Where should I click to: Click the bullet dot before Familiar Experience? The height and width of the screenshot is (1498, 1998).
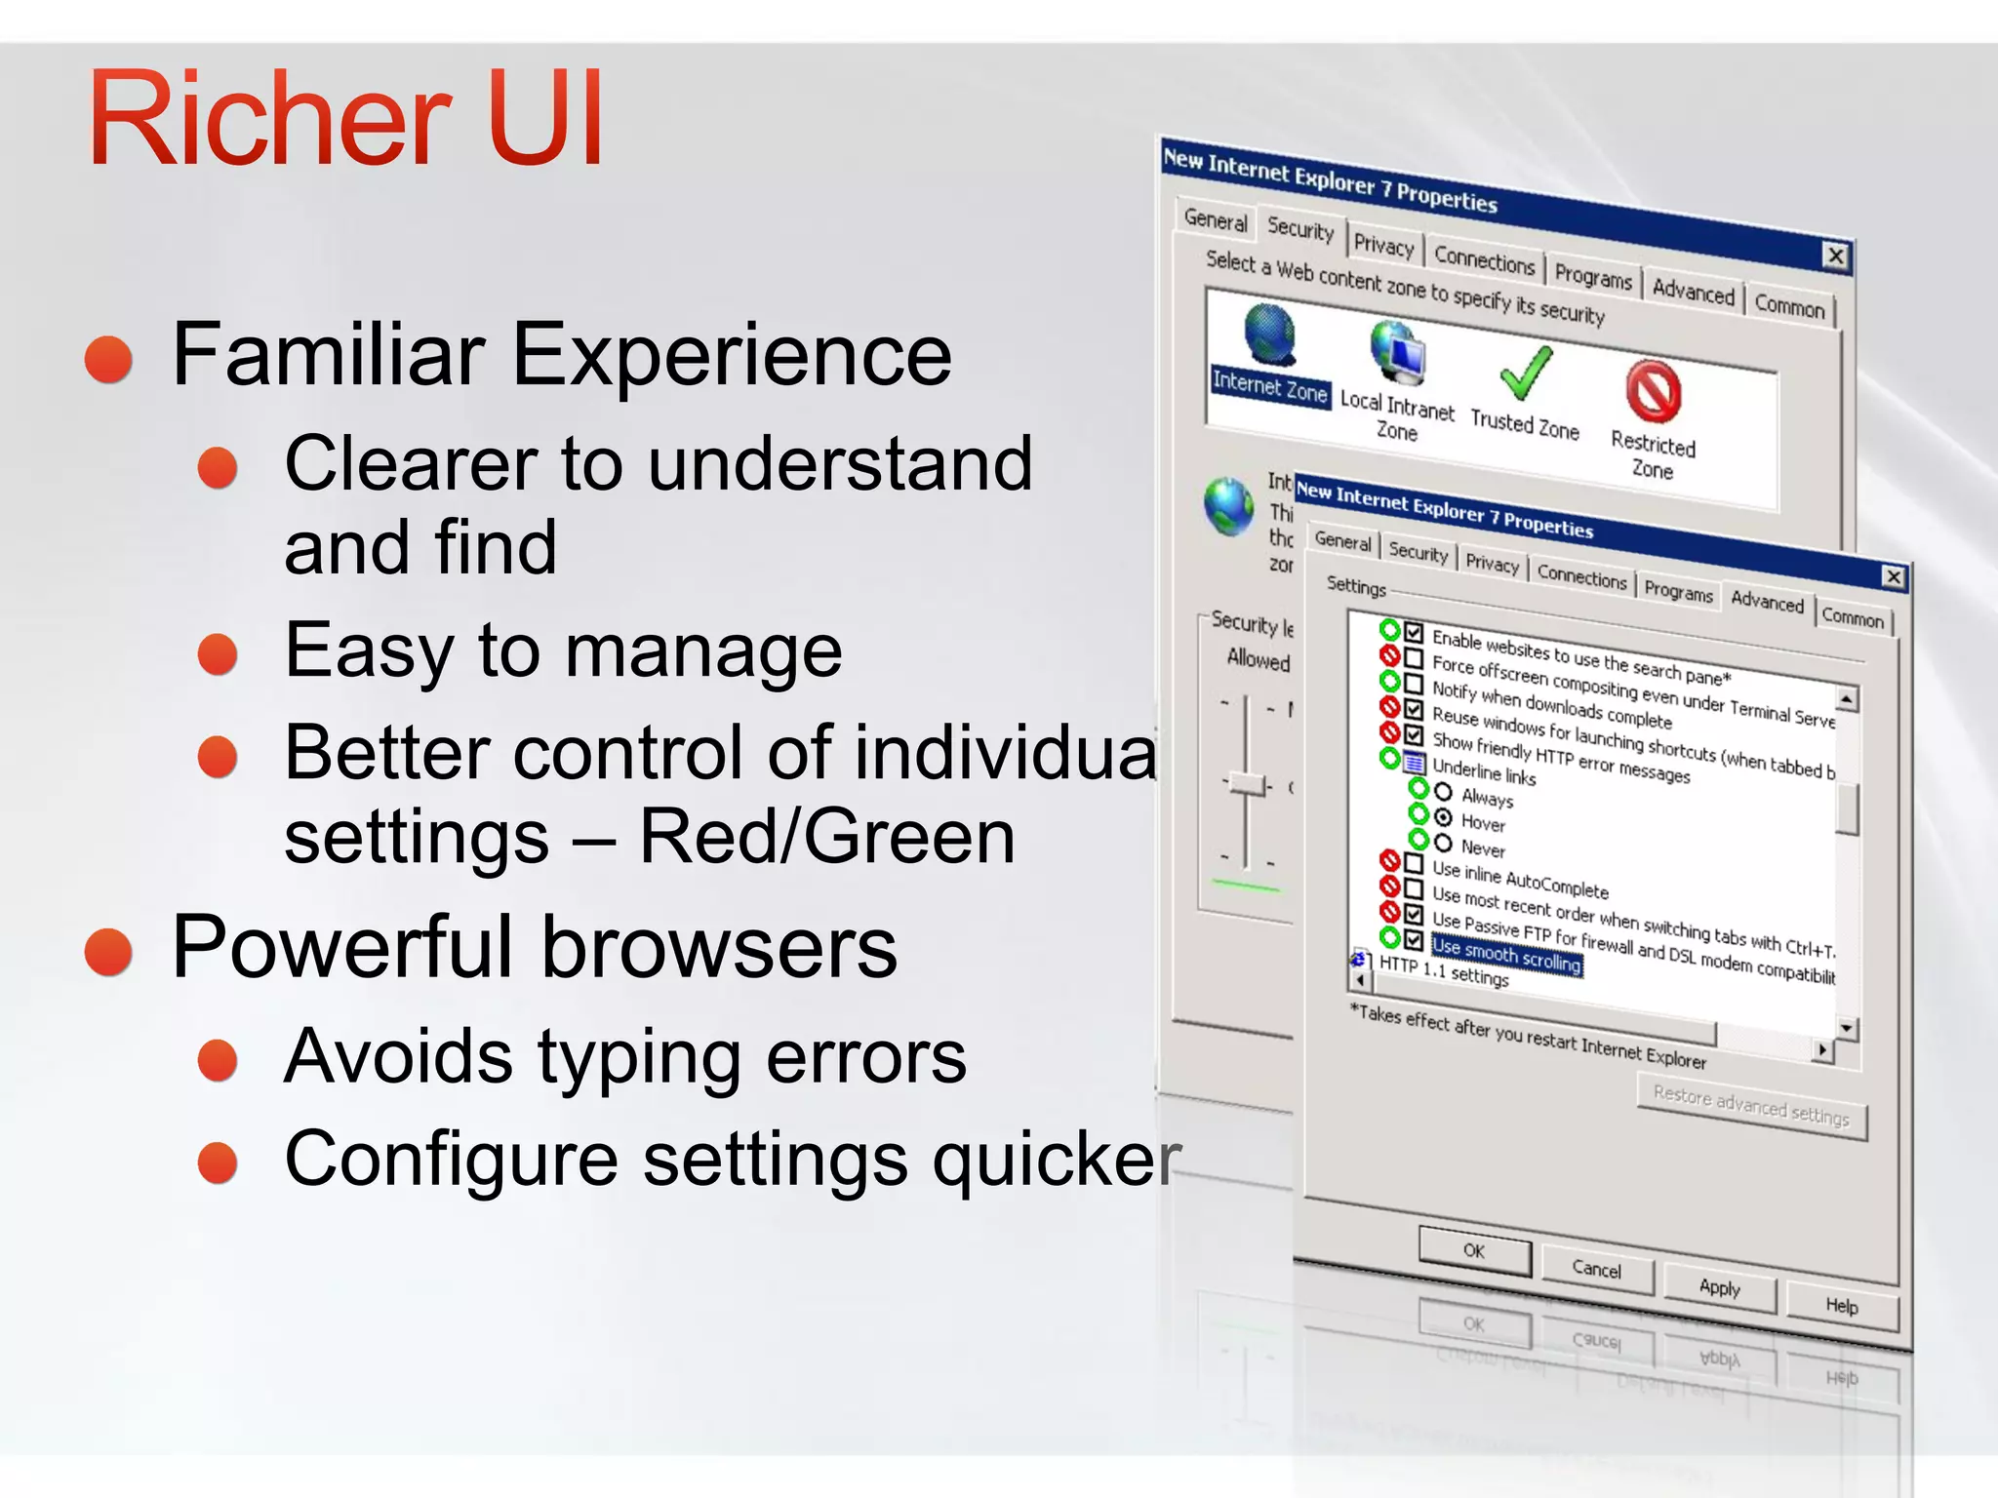[x=108, y=358]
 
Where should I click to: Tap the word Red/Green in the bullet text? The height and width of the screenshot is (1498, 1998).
[x=827, y=837]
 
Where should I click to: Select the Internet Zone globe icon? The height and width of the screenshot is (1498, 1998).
[x=1269, y=335]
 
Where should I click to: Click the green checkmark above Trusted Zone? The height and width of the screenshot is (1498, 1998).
[x=1525, y=373]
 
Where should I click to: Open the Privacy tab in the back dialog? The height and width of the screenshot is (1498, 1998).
[x=1383, y=244]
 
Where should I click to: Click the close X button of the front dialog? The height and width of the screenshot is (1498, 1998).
[x=1894, y=576]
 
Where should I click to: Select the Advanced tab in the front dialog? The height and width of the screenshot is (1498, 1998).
[x=1767, y=601]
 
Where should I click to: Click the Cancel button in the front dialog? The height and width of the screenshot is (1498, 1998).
[x=1597, y=1269]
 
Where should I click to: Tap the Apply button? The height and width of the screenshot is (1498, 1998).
[x=1719, y=1287]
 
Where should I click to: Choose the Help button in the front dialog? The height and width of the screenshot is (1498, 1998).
[x=1842, y=1306]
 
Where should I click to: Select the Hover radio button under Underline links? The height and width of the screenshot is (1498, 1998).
[x=1444, y=818]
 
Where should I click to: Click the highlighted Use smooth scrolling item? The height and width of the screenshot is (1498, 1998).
[x=1506, y=954]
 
